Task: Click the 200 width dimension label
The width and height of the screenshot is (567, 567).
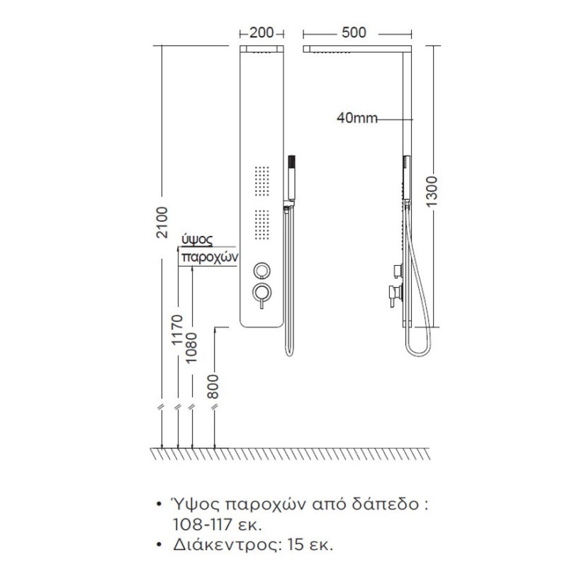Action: pos(261,33)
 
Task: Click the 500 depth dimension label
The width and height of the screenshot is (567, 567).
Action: pos(354,33)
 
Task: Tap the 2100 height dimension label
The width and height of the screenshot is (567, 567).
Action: pos(162,223)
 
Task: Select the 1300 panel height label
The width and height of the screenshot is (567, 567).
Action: pos(432,191)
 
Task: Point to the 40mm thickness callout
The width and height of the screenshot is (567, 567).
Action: pos(357,118)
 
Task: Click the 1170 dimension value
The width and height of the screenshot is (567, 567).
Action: pos(178,330)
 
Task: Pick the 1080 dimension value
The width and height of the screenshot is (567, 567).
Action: pos(191,348)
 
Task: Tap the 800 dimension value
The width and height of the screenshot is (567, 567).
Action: pos(214,386)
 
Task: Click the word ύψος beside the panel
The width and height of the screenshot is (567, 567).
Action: pos(197,240)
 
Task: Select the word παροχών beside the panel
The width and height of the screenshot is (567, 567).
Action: pos(210,257)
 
